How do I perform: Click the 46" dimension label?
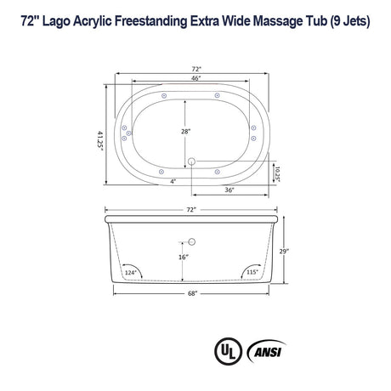tap(195, 78)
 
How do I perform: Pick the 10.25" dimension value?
tap(276, 173)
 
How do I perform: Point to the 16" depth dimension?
tap(182, 257)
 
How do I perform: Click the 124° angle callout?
tap(130, 273)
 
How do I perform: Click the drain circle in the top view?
tap(193, 161)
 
